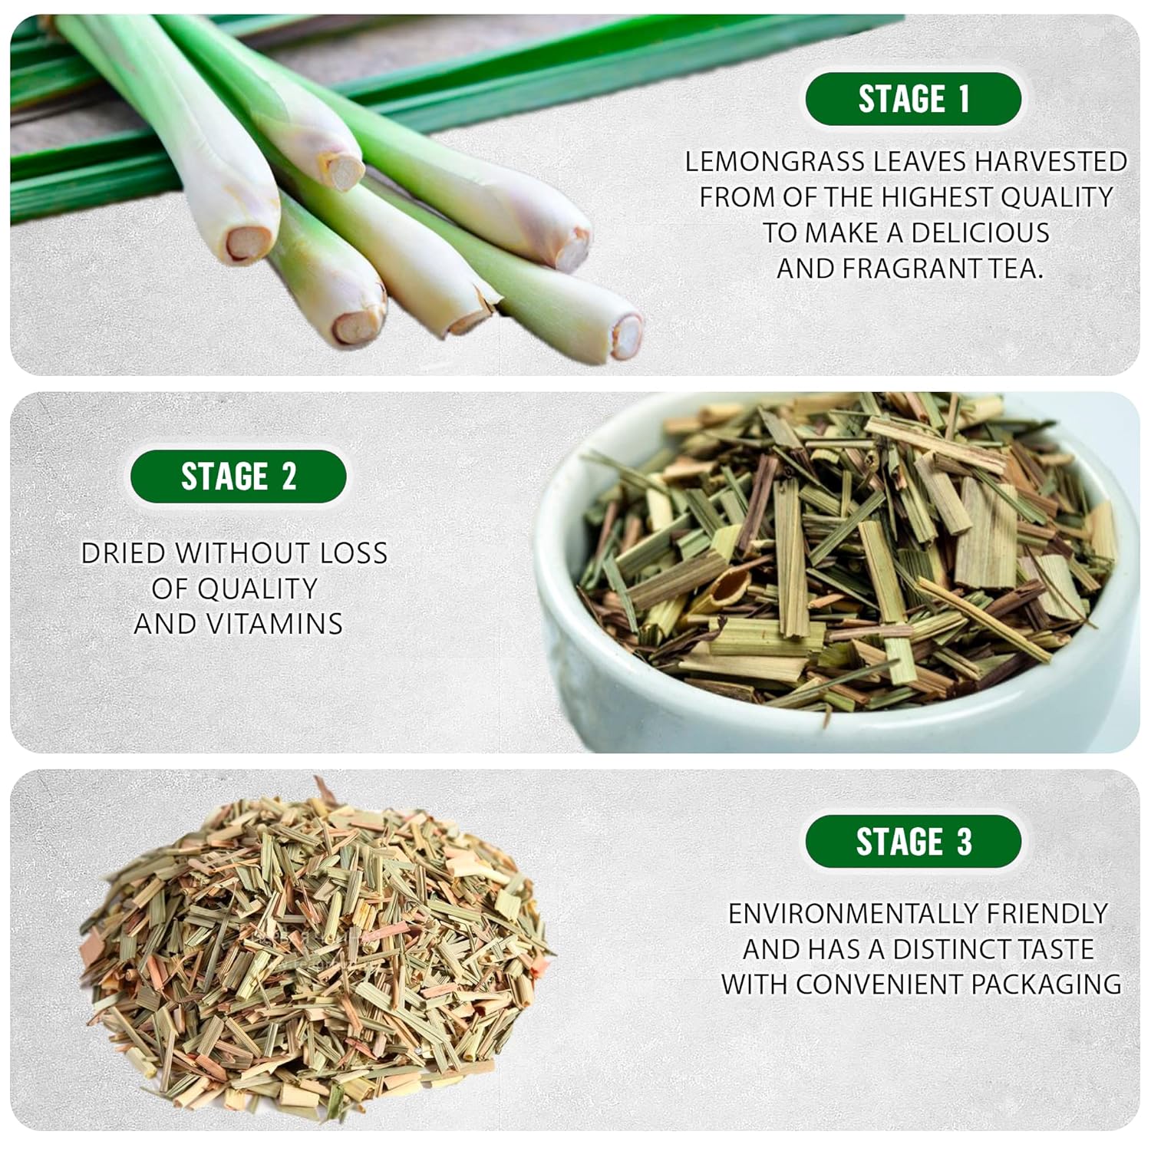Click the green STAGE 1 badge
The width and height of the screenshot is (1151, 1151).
pos(913,99)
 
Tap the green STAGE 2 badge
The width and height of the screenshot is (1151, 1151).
pos(239,477)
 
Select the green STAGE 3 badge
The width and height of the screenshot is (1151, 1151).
pos(913,842)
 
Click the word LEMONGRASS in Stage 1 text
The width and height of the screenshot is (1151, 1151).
pos(775,161)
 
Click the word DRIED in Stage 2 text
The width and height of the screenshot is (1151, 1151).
pos(123,553)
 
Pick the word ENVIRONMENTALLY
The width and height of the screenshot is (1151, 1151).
pos(853,913)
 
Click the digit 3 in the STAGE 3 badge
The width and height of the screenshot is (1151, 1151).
pos(964,842)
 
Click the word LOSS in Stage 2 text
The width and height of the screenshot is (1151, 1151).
pos(354,553)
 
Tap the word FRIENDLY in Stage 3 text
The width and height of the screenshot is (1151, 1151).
pos(1047,913)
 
